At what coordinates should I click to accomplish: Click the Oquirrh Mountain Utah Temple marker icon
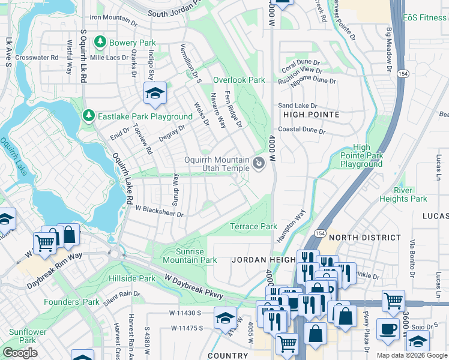[x=259, y=163]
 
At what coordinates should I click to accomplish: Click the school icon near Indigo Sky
[x=155, y=93]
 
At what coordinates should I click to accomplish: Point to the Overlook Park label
[x=239, y=80]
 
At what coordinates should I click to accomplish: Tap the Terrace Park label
[x=254, y=226]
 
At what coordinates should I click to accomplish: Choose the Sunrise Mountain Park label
[x=190, y=256]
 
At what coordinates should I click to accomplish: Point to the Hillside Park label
[x=132, y=279]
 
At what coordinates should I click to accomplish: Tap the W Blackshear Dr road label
[x=158, y=211]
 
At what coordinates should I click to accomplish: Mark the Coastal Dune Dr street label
[x=301, y=130]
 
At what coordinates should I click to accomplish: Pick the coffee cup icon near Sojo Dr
[x=388, y=328]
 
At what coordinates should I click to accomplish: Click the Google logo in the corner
[x=20, y=353]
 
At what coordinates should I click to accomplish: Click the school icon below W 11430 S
[x=225, y=316]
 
